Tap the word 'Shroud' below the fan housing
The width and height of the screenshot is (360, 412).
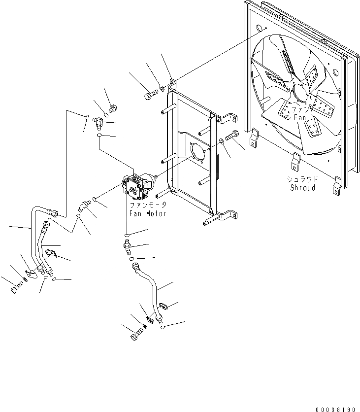[x=302, y=188]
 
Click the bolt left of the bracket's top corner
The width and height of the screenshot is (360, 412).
[x=150, y=95]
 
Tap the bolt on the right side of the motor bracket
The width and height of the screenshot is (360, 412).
[x=232, y=135]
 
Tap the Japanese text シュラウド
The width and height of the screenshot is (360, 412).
[x=302, y=179]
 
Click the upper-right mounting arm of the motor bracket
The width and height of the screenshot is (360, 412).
[x=226, y=118]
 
